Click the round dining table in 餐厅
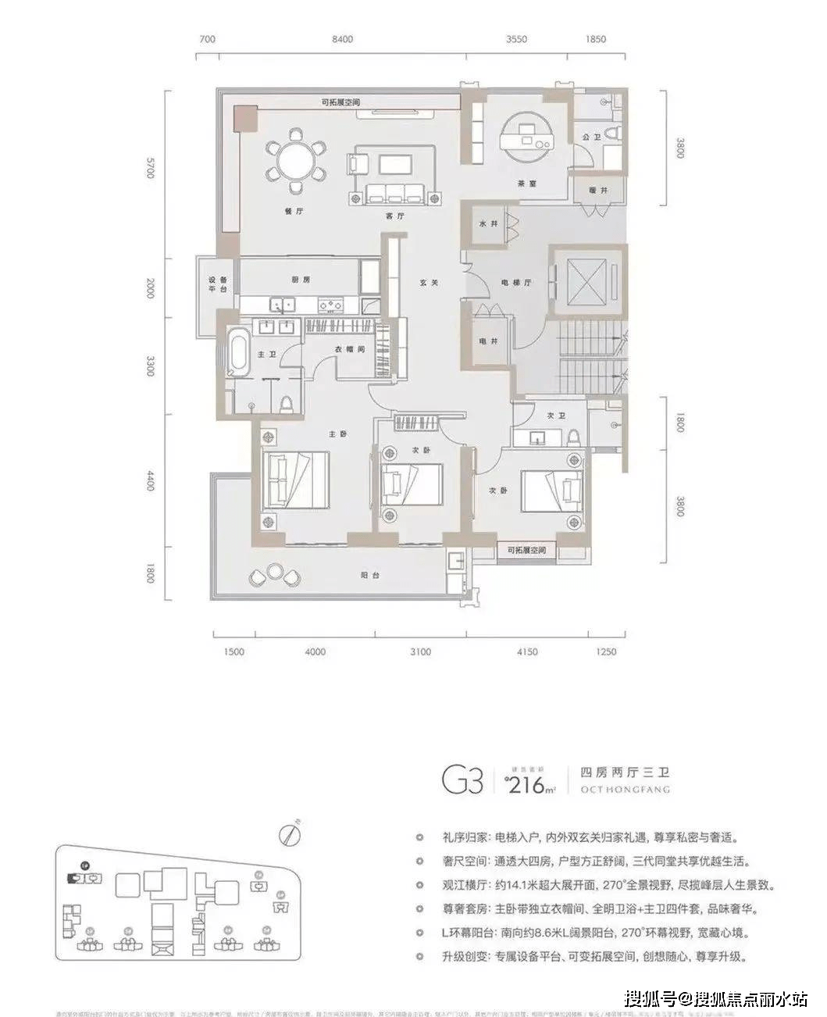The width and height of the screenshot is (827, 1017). coord(295,161)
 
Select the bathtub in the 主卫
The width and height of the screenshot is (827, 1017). coord(237,352)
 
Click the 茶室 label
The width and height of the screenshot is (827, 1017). coord(525,184)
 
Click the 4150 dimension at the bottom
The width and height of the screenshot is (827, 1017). coord(527,651)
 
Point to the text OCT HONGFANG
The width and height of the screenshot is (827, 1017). coord(625,790)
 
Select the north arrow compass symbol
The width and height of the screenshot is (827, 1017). coord(292,833)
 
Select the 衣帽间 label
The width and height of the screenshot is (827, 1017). coord(351,350)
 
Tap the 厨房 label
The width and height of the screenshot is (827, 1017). coord(301,279)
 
